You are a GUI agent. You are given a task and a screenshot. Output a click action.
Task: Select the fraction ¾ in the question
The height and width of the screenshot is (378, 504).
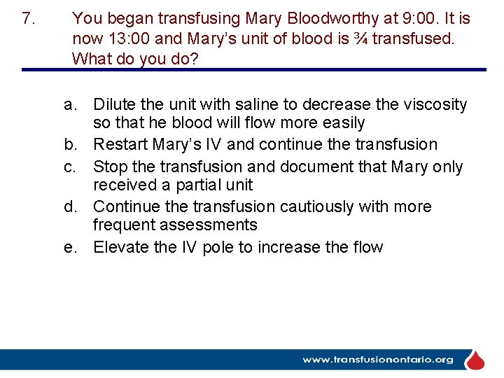pos(360,38)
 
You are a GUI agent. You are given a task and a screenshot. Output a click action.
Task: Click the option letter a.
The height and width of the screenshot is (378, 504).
pos(69,105)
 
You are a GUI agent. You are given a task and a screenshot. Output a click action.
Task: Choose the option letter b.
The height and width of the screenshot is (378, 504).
pos(69,145)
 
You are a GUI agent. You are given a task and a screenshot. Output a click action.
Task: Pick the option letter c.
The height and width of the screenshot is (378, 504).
pos(69,167)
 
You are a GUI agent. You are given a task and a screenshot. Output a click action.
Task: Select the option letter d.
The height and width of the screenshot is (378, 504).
pos(69,207)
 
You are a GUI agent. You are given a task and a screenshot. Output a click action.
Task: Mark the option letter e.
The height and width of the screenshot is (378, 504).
pos(69,247)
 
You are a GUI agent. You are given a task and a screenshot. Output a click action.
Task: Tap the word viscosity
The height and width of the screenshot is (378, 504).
pos(432,105)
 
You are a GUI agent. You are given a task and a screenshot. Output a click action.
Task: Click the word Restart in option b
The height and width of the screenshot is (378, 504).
pos(118,145)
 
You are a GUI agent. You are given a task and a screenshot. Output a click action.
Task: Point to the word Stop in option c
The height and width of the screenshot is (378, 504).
pos(108,167)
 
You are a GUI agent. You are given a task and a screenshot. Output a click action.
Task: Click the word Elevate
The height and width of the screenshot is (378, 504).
pos(120,247)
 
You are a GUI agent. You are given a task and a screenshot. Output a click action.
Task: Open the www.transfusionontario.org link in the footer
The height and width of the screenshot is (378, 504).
pos(377,360)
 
